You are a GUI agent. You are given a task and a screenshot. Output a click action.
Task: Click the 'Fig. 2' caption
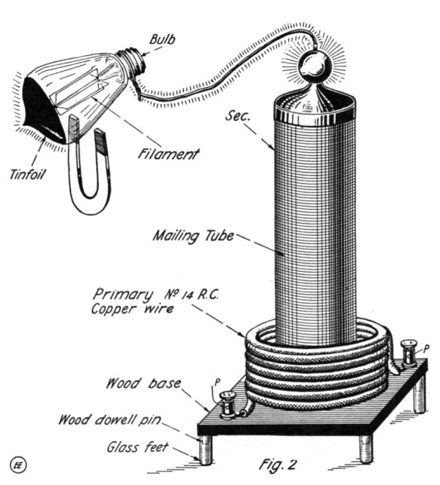(x=277, y=464)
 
